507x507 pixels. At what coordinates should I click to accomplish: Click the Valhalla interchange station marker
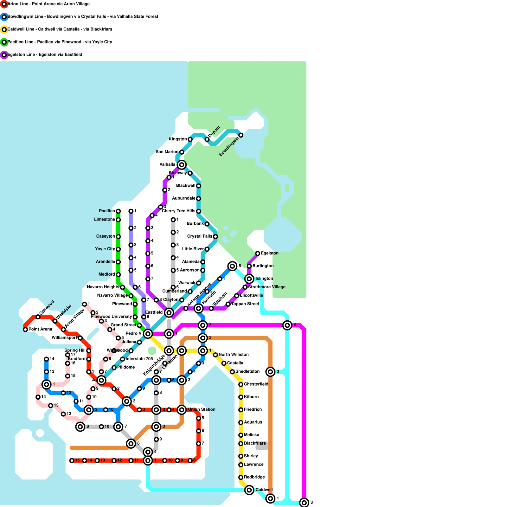(x=182, y=164)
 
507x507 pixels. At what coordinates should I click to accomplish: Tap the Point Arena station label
(x=40, y=329)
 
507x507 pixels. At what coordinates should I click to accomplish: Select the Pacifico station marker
(x=118, y=211)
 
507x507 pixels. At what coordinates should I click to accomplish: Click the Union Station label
(x=202, y=409)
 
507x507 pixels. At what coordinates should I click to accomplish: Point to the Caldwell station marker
(x=249, y=490)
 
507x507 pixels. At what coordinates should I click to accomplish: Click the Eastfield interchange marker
(x=169, y=313)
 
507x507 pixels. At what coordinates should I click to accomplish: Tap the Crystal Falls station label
(x=200, y=236)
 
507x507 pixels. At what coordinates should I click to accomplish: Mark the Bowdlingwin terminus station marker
(x=241, y=135)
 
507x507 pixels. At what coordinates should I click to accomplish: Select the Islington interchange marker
(x=249, y=279)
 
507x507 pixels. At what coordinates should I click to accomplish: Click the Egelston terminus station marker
(x=258, y=253)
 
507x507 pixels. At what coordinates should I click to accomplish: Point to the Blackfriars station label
(x=255, y=443)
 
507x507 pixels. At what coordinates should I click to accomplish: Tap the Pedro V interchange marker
(x=148, y=333)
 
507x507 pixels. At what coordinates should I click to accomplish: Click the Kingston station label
(x=178, y=139)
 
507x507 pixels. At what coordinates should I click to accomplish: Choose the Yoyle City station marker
(x=118, y=249)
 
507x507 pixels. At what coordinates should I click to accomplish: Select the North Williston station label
(x=234, y=355)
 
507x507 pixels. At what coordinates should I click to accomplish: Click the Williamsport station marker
(x=80, y=338)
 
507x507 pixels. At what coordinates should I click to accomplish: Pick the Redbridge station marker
(x=241, y=478)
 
